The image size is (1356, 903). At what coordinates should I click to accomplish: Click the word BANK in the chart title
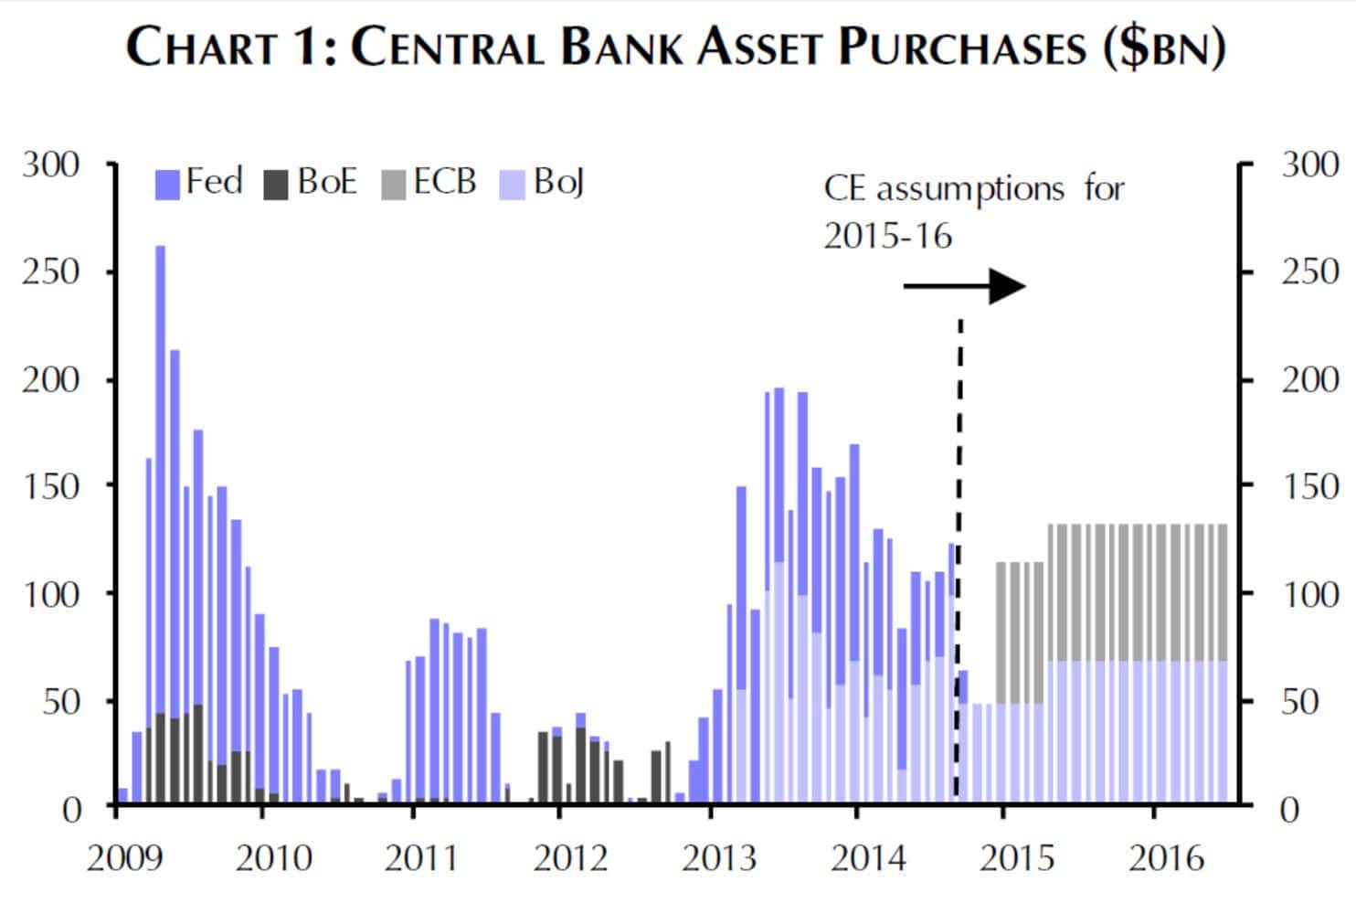[620, 48]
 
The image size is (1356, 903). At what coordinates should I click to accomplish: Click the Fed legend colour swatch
[167, 185]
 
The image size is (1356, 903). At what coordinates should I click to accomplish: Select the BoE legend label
[326, 182]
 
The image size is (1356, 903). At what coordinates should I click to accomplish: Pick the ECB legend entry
[444, 182]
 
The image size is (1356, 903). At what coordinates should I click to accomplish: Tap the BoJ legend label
[558, 183]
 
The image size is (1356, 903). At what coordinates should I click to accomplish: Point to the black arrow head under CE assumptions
[1008, 286]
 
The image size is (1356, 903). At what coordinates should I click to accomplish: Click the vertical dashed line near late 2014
[959, 548]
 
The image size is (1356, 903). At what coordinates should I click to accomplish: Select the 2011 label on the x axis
[421, 858]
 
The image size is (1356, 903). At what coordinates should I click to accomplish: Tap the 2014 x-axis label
[867, 858]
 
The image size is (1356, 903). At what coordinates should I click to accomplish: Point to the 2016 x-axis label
[1166, 858]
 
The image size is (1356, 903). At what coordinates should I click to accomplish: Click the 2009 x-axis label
[124, 858]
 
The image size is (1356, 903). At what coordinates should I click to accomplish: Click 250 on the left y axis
[51, 271]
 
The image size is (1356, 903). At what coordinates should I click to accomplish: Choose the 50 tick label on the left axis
[62, 702]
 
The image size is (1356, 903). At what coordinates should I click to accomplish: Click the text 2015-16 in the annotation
[887, 237]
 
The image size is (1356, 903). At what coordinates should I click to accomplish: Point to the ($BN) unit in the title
[1163, 48]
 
